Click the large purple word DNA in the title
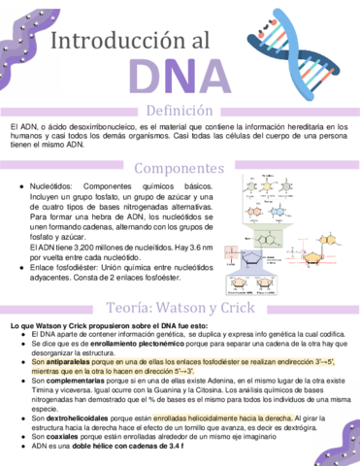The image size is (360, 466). point(180,77)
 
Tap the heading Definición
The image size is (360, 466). point(180,110)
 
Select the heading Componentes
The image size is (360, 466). point(180,168)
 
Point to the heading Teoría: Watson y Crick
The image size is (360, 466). point(180,307)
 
